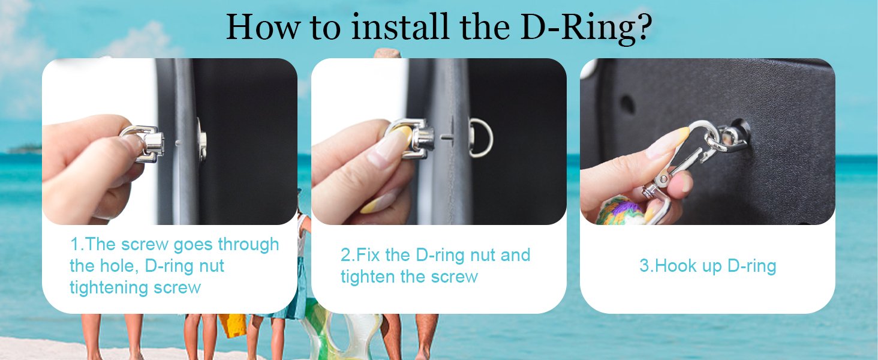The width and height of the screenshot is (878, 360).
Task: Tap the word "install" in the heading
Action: [400, 26]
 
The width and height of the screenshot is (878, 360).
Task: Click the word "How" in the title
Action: [264, 27]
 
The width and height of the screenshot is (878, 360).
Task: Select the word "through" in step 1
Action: [248, 245]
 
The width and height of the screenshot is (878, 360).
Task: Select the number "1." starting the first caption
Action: [77, 244]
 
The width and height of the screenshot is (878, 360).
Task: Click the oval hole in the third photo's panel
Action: [627, 104]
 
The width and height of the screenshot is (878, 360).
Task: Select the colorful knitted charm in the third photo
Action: [621, 212]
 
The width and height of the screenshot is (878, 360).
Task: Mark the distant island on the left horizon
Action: [25, 149]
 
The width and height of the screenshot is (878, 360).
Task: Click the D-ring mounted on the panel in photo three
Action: [729, 139]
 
